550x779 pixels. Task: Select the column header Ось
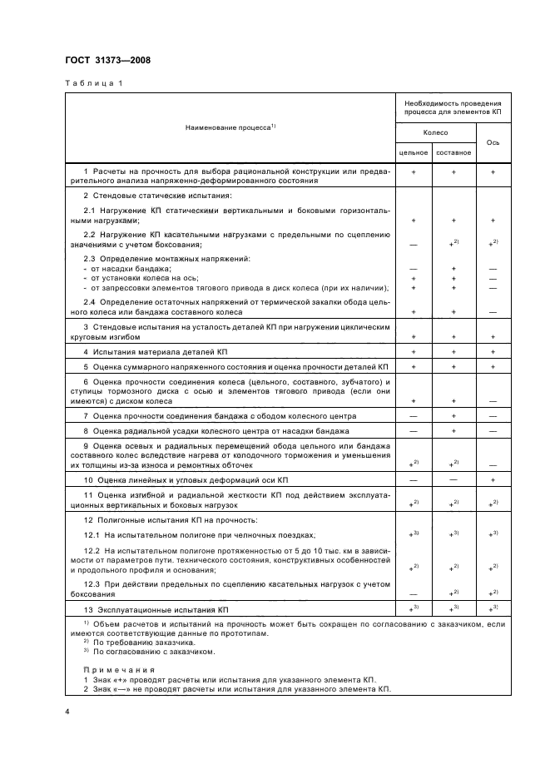click(493, 142)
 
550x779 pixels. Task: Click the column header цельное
click(414, 152)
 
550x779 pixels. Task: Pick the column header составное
click(453, 152)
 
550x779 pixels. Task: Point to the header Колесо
click(434, 132)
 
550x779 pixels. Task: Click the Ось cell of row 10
click(493, 481)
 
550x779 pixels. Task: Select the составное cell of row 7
click(453, 415)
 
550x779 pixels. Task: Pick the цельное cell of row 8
click(414, 431)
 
